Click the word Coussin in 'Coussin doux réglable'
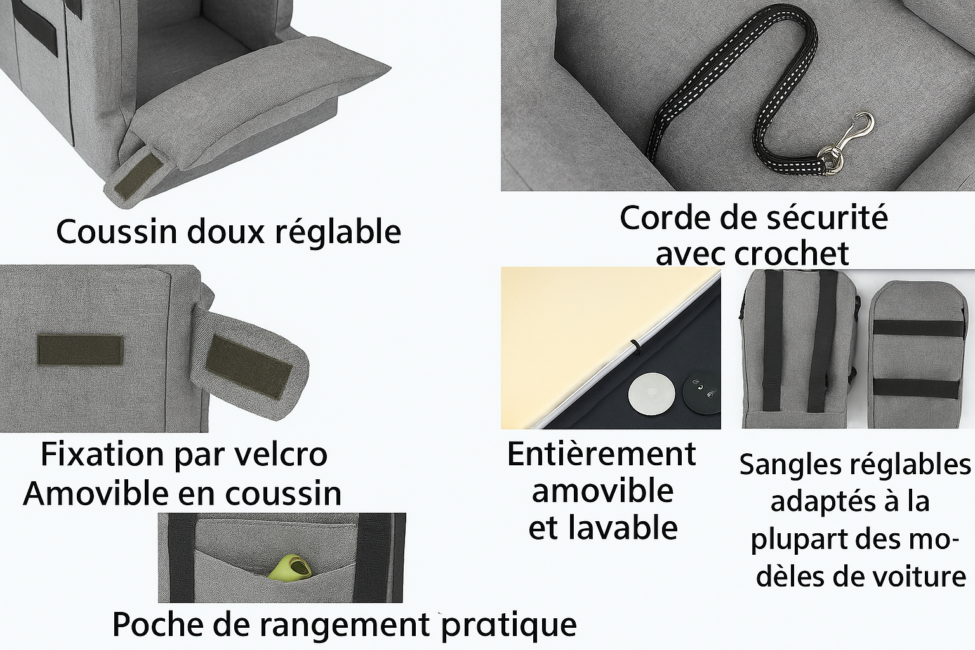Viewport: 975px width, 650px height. (x=117, y=232)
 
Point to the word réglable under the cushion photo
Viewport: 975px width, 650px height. (x=338, y=233)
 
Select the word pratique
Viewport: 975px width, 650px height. (x=509, y=626)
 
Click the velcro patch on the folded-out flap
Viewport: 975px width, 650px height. (x=249, y=367)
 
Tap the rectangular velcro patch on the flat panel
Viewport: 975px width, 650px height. (x=80, y=350)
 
